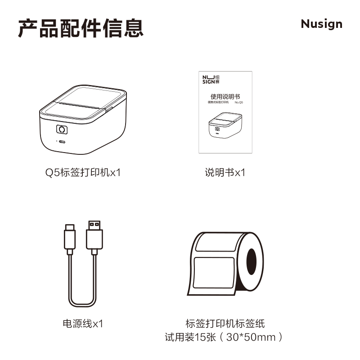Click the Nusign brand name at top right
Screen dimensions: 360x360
(321, 24)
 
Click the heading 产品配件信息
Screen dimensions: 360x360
(81, 27)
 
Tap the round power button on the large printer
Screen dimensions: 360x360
(62, 130)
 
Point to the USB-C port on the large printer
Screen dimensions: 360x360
(62, 142)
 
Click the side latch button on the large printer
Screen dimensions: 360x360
(109, 108)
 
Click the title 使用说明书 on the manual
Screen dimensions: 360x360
(225, 96)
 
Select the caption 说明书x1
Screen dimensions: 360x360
(225, 172)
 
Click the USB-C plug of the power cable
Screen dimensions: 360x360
(70, 238)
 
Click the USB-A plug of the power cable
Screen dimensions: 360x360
(94, 236)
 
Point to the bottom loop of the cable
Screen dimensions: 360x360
(82, 304)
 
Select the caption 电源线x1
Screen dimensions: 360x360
(83, 323)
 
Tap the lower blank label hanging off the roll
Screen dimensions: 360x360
(213, 273)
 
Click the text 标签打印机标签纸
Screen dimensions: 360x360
(225, 323)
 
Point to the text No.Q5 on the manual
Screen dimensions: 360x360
(239, 103)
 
